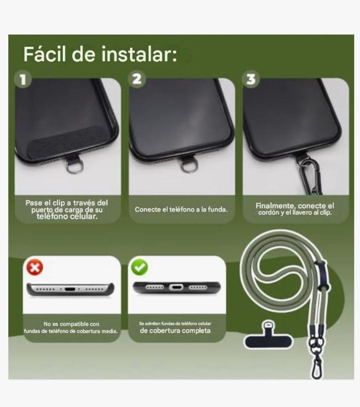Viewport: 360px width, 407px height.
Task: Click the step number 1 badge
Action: tap(23, 79)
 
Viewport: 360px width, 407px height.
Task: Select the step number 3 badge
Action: tap(251, 79)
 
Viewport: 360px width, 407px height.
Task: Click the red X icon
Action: tap(35, 267)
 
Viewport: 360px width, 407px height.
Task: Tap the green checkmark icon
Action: tap(140, 267)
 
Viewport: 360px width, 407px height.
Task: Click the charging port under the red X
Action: tap(70, 289)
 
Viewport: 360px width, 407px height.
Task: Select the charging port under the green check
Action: tap(176, 287)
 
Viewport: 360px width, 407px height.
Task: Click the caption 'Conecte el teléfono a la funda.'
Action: tap(181, 209)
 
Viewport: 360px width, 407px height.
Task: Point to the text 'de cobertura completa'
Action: tap(175, 331)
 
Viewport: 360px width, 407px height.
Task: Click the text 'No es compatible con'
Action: tap(71, 324)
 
